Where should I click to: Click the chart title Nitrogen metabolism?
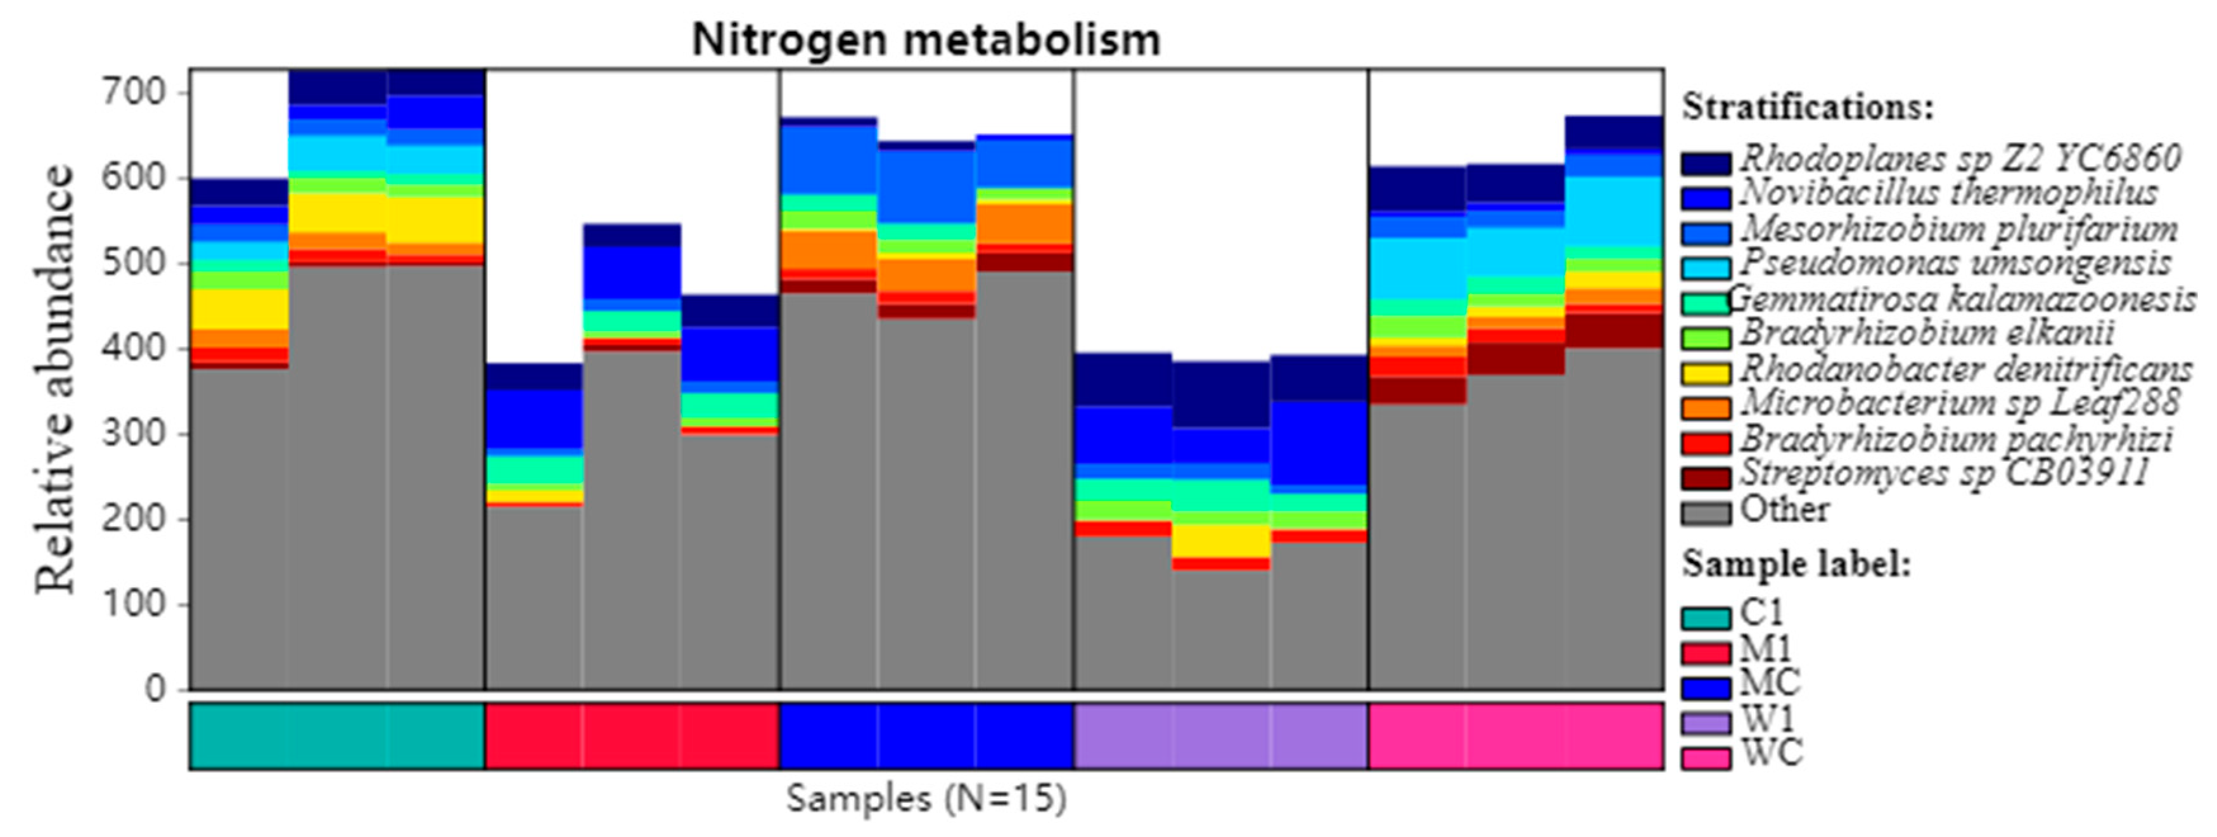coord(926,39)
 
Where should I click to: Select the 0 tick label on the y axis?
coord(155,689)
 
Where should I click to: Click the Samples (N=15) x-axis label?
coord(926,798)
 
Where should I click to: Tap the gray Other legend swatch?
coord(1706,513)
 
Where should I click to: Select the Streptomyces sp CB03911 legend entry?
coord(1945,473)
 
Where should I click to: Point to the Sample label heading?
coord(1797,564)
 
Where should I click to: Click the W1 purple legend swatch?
coord(1706,722)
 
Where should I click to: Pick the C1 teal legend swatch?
coord(1706,618)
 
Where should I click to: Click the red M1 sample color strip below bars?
coord(632,736)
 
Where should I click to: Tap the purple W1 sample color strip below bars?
coord(1220,736)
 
